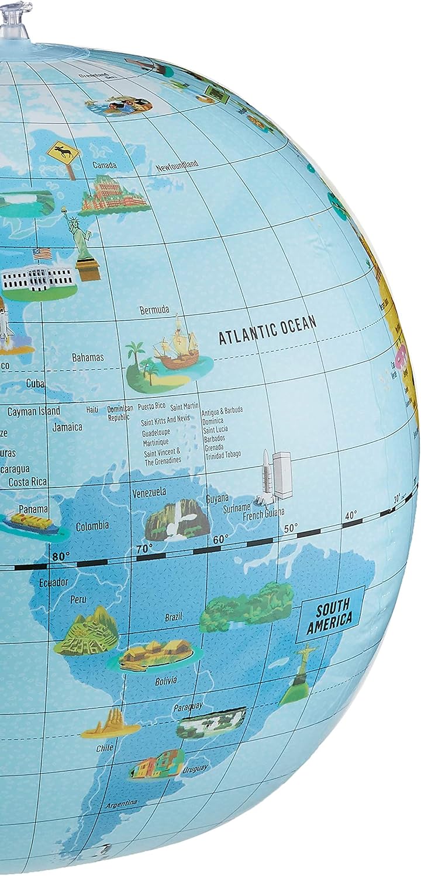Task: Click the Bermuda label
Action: coord(154,310)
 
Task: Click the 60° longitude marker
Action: coord(220,539)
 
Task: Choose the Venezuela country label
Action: coord(149,492)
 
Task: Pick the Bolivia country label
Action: coord(165,681)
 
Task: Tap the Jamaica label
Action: coord(67,427)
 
